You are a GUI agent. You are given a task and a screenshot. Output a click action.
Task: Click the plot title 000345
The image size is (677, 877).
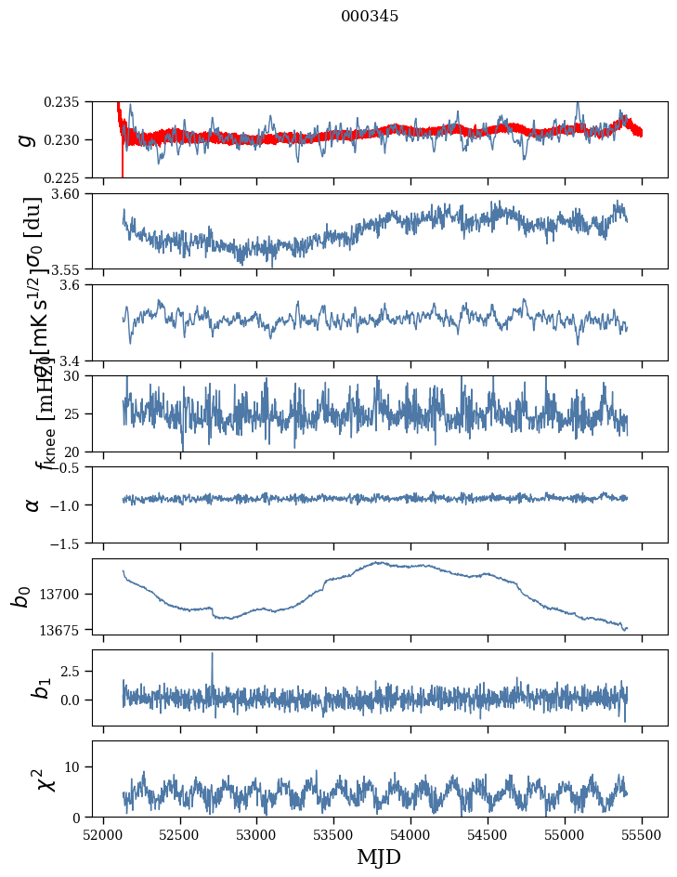coord(370,17)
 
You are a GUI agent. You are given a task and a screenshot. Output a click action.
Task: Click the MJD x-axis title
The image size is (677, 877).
coord(379,857)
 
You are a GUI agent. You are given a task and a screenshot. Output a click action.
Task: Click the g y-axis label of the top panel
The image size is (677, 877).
coord(29,139)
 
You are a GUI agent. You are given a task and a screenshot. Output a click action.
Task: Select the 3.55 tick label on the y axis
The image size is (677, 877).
coord(72,268)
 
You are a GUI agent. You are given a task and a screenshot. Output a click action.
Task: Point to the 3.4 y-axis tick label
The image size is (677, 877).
coord(75,360)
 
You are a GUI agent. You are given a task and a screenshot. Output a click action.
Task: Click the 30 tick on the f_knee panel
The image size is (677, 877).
coord(79,376)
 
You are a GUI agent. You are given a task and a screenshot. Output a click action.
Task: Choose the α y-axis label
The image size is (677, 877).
coord(33,504)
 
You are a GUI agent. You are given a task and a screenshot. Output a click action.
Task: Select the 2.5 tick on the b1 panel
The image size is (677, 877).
coord(75,671)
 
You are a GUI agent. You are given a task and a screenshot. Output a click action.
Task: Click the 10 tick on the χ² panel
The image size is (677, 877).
coord(79,766)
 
